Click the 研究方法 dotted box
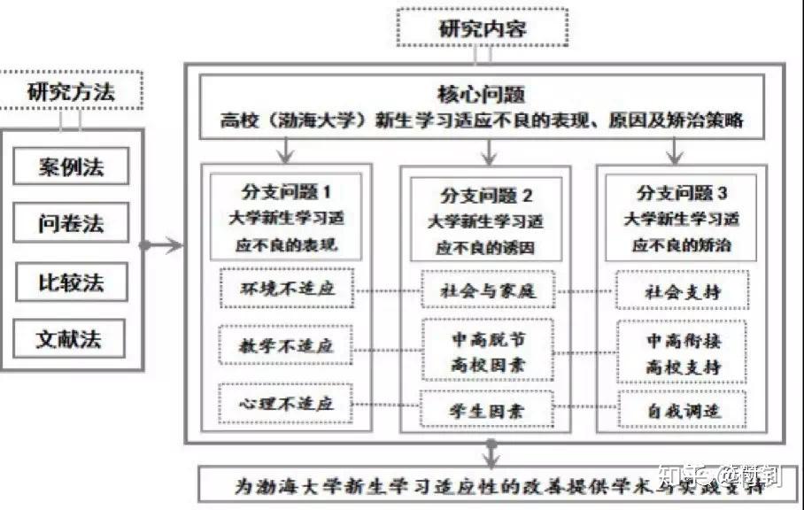point(72,91)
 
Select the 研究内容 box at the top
point(482,28)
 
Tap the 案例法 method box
point(71,166)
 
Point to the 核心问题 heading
point(483,93)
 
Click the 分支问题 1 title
point(286,190)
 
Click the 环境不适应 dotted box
point(286,290)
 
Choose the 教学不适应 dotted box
point(286,345)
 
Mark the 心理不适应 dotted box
point(286,404)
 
